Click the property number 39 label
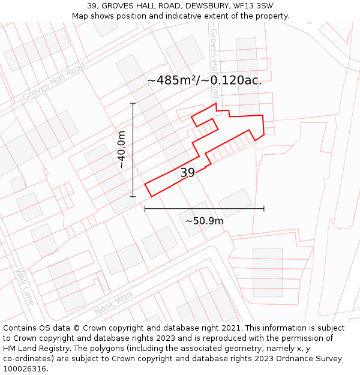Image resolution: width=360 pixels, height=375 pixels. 188,173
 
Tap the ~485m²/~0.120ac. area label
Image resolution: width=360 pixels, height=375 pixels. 204,80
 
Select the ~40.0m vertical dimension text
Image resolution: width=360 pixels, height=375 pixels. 121,150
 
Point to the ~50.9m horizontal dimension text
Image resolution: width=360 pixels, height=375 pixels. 204,221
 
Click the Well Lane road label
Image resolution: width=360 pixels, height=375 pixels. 25,286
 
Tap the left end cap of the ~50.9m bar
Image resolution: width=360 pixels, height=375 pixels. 145,209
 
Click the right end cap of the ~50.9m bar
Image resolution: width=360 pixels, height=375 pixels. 264,209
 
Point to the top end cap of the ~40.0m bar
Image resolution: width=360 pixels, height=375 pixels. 133,103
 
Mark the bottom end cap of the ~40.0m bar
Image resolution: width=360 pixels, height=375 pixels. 133,196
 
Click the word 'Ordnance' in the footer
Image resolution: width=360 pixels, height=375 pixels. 287,359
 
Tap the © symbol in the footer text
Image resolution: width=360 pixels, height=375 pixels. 76,328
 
